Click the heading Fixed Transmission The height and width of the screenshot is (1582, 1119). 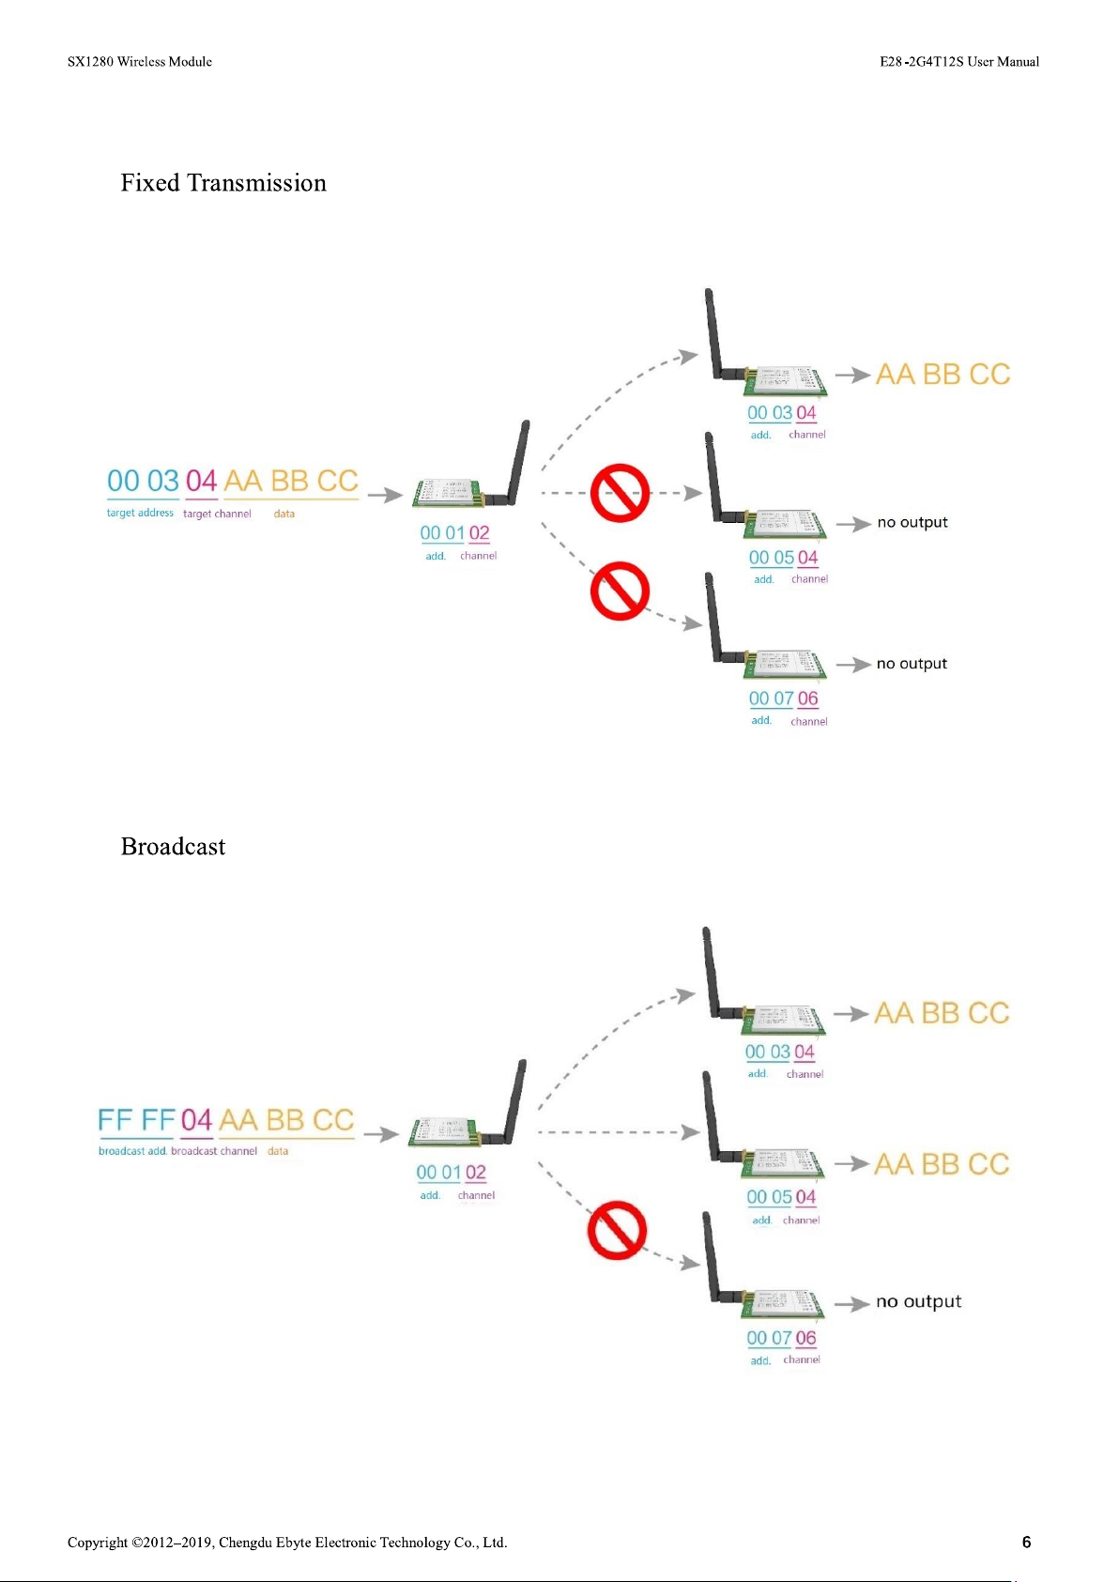223,183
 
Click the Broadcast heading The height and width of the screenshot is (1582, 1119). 173,847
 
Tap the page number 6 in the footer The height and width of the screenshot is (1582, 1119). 1026,1542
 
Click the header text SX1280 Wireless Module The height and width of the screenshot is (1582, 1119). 140,62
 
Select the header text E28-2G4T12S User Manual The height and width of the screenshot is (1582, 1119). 958,62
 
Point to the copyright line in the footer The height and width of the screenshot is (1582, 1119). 287,1543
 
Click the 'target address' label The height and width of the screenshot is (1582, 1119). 140,514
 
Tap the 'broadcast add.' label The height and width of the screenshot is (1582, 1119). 132,1151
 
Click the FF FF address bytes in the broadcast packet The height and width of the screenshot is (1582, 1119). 137,1121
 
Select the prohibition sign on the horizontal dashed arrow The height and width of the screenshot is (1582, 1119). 620,493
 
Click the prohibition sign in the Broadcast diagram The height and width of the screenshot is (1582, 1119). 617,1230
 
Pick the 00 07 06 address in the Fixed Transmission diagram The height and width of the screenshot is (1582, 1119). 783,699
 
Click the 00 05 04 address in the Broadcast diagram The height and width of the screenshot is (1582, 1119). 781,1197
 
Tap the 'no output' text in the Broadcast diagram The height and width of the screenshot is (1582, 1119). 918,1302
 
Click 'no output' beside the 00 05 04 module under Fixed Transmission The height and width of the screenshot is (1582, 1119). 912,523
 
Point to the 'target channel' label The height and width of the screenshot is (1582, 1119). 217,515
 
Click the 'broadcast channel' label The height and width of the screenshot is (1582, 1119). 214,1151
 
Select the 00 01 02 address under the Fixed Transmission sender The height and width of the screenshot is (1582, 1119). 454,533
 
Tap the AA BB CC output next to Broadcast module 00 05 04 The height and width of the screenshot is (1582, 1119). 942,1164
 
